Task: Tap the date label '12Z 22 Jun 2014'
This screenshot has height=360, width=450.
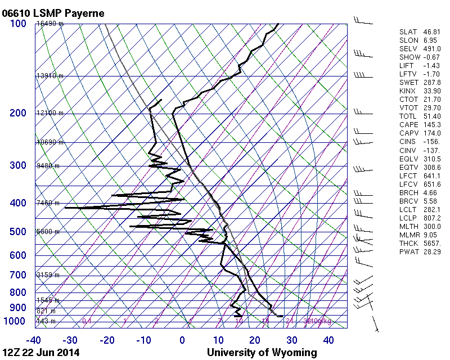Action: pos(40,353)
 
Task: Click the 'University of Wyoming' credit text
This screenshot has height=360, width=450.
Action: pos(262,353)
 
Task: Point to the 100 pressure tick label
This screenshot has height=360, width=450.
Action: pos(18,24)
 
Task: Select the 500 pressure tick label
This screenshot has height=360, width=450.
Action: pos(18,232)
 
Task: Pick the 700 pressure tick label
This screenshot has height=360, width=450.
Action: pos(18,275)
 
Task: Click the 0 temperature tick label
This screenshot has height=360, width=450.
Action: pos(182,340)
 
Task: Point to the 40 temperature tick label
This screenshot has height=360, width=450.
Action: pos(328,340)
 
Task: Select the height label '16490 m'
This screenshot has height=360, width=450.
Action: pos(50,24)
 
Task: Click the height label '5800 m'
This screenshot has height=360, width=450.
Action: pos(48,232)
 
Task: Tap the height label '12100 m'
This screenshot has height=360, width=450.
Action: pos(50,113)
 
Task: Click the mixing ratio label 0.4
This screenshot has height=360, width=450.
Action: pos(87,321)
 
